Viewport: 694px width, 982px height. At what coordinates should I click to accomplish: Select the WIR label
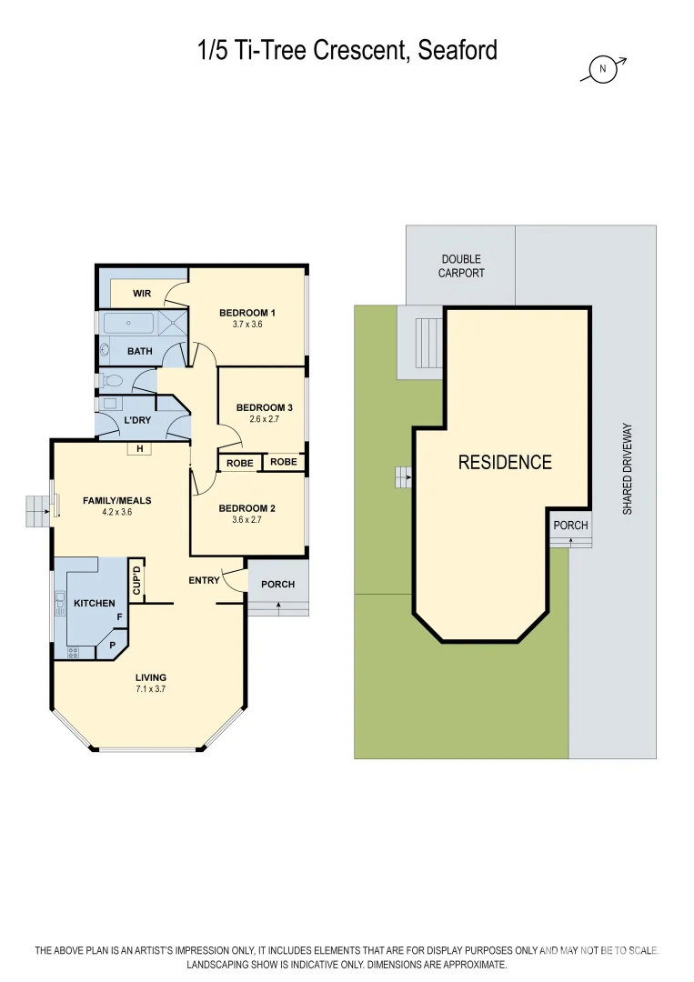point(142,294)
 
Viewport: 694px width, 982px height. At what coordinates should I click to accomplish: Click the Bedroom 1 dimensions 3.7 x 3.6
point(246,325)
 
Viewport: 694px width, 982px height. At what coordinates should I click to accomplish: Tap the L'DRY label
point(137,420)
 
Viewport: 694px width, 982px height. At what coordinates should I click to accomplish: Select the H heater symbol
point(139,448)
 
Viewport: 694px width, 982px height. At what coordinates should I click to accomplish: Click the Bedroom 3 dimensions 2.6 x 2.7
point(263,420)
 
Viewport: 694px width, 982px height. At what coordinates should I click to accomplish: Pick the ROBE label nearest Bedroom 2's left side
point(240,463)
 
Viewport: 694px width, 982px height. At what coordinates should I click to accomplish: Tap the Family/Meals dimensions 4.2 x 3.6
point(116,513)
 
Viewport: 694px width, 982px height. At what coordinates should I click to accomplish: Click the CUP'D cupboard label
point(136,580)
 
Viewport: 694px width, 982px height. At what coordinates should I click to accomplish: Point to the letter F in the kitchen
point(119,617)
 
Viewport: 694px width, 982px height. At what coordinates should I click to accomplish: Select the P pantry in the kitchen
point(112,645)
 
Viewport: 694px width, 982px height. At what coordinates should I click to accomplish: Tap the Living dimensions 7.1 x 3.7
point(150,689)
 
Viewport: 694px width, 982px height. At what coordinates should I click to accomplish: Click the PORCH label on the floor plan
point(277,584)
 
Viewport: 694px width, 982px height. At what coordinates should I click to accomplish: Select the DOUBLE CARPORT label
point(461,266)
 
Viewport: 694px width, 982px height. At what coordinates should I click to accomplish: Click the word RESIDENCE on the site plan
point(504,462)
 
